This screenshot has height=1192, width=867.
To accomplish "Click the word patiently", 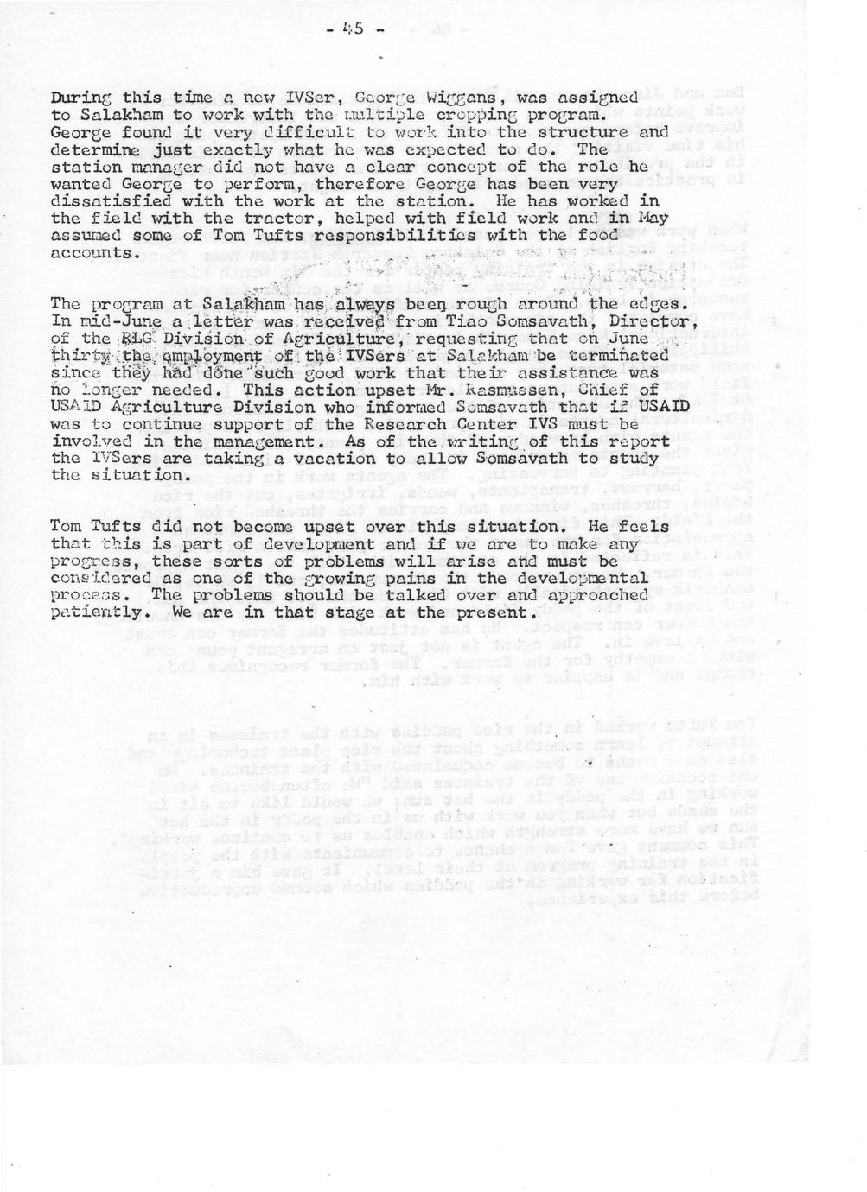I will (98, 612).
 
